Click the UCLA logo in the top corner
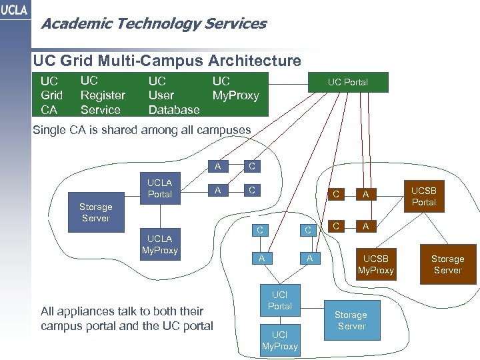[x=15, y=13]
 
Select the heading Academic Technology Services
[x=153, y=25]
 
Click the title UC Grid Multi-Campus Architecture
[x=167, y=61]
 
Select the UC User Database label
[x=173, y=95]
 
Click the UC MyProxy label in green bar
[x=235, y=89]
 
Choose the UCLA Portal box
[x=159, y=189]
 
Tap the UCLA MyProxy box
[x=159, y=244]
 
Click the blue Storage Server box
[x=95, y=213]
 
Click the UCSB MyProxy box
[x=376, y=264]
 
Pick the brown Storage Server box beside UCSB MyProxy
[x=447, y=264]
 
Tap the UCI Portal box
[x=279, y=300]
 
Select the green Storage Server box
[x=351, y=320]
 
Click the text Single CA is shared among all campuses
[x=142, y=130]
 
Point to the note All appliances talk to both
[x=127, y=318]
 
